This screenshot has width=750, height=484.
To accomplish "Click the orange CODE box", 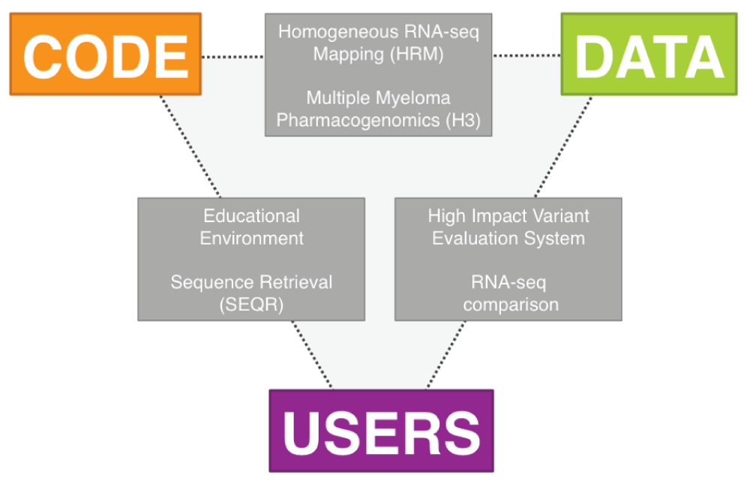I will [105, 54].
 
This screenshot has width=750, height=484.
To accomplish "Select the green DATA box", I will [649, 54].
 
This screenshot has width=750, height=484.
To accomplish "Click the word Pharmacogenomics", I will [358, 120].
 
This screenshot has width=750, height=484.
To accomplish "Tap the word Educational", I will [251, 216].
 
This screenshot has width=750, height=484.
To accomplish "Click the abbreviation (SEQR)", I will [251, 305].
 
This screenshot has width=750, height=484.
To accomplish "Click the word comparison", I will [511, 305].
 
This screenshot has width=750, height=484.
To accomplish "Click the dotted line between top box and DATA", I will [526, 55].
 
